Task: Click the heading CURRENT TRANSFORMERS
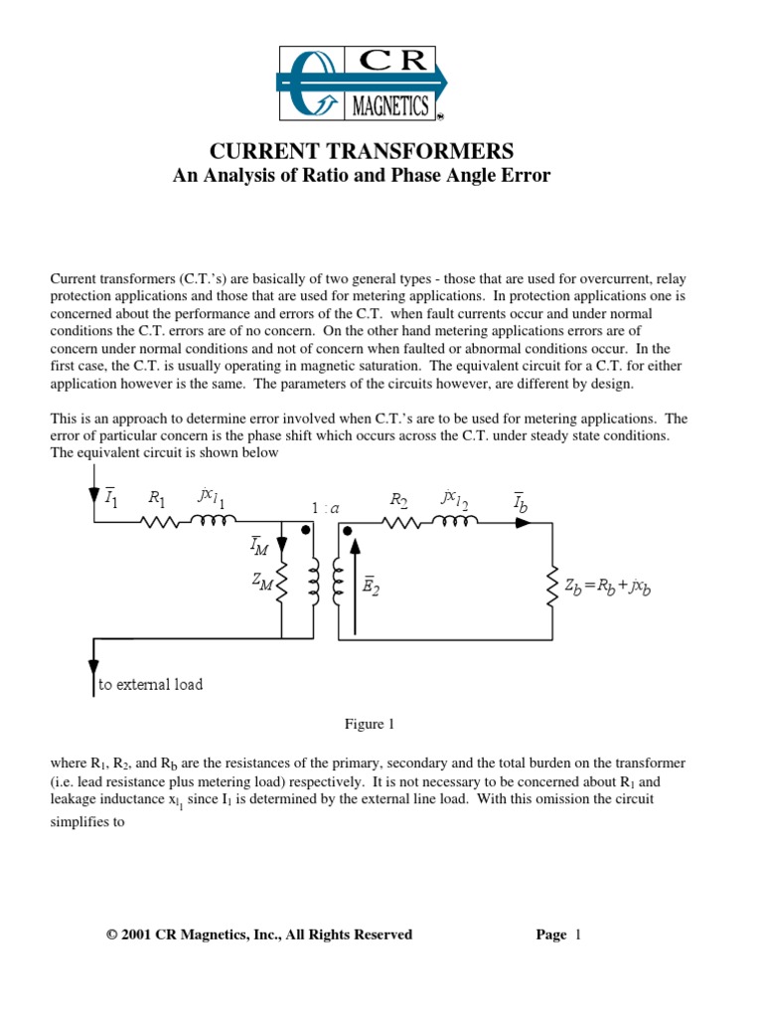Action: pyautogui.click(x=362, y=151)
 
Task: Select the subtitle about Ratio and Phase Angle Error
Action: pyautogui.click(x=362, y=176)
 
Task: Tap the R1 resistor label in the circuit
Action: pyautogui.click(x=157, y=498)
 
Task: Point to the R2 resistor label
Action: pyautogui.click(x=399, y=499)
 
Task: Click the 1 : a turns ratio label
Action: pyautogui.click(x=325, y=508)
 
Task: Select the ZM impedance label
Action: pyautogui.click(x=262, y=585)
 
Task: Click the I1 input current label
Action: pyautogui.click(x=111, y=498)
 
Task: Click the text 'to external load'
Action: pyautogui.click(x=150, y=685)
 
